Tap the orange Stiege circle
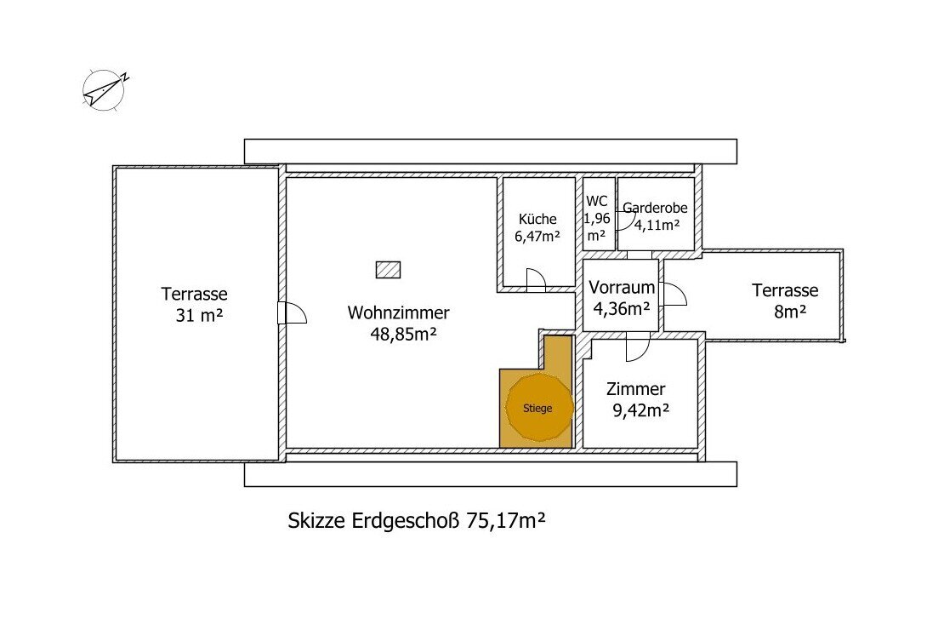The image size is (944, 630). pyautogui.click(x=538, y=408)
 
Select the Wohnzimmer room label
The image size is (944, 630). pyautogui.click(x=398, y=312)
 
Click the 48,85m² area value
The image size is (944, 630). pyautogui.click(x=398, y=335)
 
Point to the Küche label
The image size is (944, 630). pyautogui.click(x=537, y=219)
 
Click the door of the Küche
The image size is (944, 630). pyautogui.click(x=535, y=279)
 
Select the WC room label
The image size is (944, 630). pyautogui.click(x=597, y=202)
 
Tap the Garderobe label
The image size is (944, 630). pyautogui.click(x=655, y=207)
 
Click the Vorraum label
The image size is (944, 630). pyautogui.click(x=622, y=288)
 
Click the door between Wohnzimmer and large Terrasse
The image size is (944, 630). pyautogui.click(x=291, y=313)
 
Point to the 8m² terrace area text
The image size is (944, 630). pyautogui.click(x=790, y=312)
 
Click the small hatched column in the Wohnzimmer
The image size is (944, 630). pyautogui.click(x=388, y=269)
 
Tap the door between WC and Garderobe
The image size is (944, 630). pyautogui.click(x=622, y=219)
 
